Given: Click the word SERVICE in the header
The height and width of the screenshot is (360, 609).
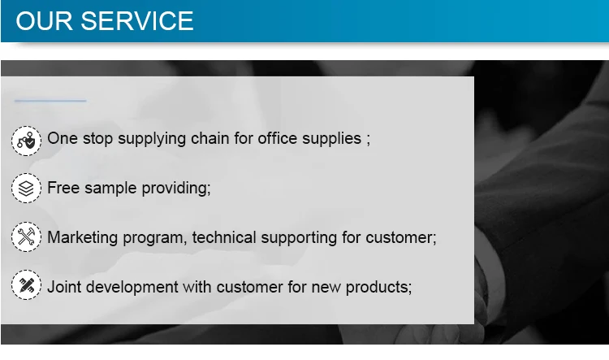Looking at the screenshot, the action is pos(136,20).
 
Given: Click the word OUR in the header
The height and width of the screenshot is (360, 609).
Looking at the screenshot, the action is pos(44,20).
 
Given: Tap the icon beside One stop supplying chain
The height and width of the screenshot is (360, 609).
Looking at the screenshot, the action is pos(26,141).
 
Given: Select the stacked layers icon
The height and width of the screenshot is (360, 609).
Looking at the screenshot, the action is pos(26,189).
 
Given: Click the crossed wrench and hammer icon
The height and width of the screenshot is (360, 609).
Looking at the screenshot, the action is pos(26,236).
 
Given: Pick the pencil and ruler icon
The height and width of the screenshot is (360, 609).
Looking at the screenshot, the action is pos(26,285).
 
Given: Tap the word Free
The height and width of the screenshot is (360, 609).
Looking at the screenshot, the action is pos(63,188).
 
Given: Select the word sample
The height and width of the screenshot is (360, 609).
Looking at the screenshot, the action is pos(110,189).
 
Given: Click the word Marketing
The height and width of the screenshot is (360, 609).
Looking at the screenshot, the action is pos(82,237).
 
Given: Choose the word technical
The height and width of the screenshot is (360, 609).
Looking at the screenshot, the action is pos(224,237).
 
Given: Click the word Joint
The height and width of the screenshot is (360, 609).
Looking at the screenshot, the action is pos(64,287).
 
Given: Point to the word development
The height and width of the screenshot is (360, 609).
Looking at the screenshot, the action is pos(132,288).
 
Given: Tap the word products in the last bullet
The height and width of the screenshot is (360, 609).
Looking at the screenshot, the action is pos(377,288).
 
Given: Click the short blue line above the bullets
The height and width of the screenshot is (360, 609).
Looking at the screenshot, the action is pos(50,101).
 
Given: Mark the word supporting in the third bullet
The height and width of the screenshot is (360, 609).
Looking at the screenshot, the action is pos(299,238).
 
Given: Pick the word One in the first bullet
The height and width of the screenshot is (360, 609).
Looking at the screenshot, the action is pos(63,138).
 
